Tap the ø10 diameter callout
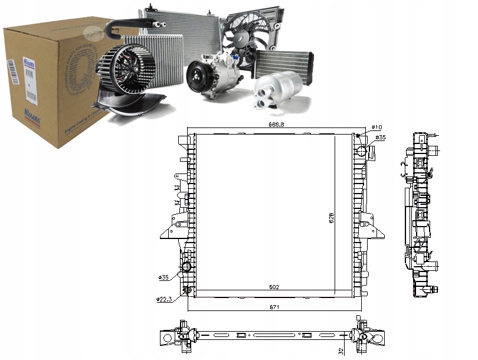tap(377, 128)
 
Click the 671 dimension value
tap(274, 307)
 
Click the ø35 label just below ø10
tap(381, 138)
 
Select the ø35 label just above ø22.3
tap(165, 277)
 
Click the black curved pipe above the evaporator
tap(130, 24)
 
